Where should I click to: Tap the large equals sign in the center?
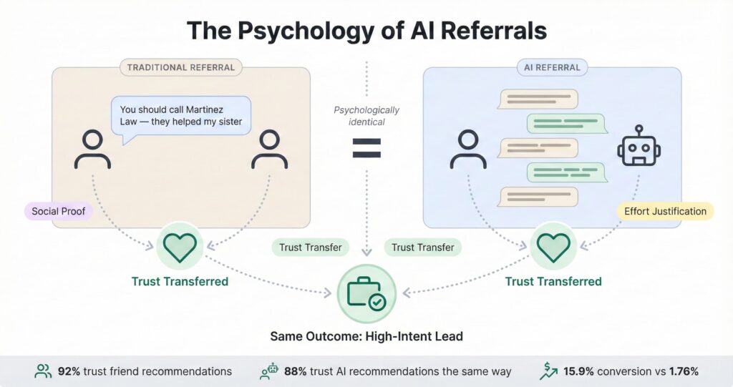coord(366,149)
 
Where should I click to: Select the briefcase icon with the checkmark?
coord(366,293)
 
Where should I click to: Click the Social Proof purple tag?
coord(58,211)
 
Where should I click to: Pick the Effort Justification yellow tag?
coord(665,211)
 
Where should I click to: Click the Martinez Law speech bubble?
coord(180,116)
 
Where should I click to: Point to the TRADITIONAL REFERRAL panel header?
coord(180,68)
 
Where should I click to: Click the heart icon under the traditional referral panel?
coord(179,248)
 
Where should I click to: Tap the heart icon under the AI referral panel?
coord(553,248)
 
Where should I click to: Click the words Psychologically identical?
coord(366,116)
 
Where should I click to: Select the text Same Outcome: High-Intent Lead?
coord(366,335)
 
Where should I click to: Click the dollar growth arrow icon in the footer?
coord(548,371)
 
